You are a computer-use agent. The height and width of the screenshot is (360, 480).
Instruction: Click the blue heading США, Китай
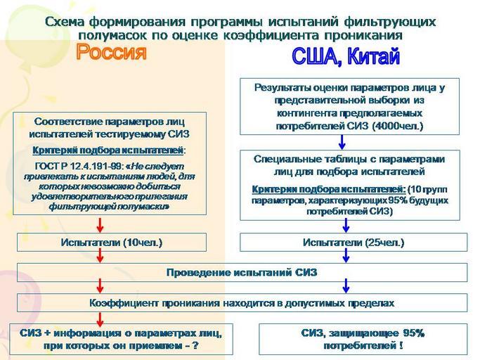click(345, 58)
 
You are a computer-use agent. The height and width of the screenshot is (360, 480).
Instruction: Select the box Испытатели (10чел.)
click(112, 243)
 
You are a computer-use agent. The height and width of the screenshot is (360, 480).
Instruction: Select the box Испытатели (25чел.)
click(353, 243)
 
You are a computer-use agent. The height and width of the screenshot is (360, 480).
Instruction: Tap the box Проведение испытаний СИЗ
click(242, 272)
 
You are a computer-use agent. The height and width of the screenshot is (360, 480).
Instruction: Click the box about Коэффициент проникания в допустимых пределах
click(242, 303)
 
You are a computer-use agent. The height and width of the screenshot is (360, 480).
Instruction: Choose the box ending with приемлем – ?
click(121, 338)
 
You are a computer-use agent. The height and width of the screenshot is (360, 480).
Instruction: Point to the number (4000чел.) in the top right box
click(395, 126)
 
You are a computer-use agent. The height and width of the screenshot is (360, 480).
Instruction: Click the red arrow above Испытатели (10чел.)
click(100, 224)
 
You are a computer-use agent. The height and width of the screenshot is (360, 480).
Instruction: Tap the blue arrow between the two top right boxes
click(346, 141)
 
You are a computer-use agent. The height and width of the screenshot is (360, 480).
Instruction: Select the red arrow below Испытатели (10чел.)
click(100, 257)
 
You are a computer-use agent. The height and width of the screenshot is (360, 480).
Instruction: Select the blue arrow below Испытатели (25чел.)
click(346, 257)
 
